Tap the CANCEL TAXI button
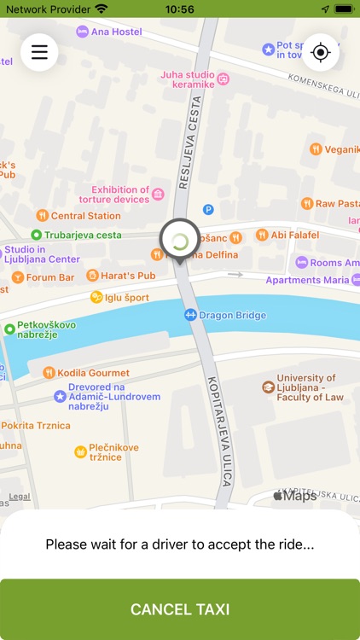tap(180, 609)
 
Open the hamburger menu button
tap(39, 52)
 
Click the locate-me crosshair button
tap(321, 52)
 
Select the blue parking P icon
tap(208, 210)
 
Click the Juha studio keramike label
tap(195, 80)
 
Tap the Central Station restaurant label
tap(78, 216)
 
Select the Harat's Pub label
tap(121, 276)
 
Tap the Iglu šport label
tap(119, 297)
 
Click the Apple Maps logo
tap(294, 495)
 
